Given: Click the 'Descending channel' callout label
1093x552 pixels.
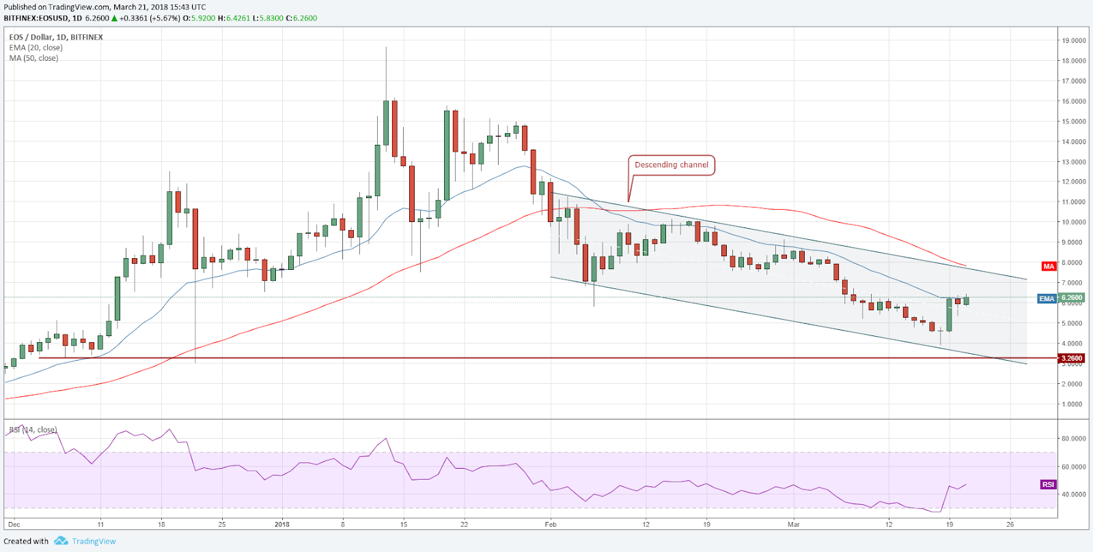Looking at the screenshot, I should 671,165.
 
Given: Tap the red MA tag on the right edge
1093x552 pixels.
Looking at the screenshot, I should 1049,266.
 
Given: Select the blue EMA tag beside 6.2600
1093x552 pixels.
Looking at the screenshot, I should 1047,299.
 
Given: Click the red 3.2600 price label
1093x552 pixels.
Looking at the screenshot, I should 1071,358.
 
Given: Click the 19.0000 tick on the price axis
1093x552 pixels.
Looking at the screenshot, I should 1073,41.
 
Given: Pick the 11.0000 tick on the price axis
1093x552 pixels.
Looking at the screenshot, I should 1073,202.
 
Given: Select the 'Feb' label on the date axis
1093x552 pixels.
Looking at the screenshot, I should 551,525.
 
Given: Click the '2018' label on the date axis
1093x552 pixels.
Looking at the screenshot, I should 281,525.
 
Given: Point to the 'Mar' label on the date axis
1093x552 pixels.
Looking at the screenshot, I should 793,525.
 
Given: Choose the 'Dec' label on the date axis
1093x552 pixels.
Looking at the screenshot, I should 14,525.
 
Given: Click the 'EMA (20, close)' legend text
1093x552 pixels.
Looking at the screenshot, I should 36,48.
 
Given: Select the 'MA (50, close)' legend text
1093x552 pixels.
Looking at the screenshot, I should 33,58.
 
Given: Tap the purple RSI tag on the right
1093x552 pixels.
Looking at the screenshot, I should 1048,484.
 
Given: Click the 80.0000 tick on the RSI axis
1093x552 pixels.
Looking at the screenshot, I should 1073,439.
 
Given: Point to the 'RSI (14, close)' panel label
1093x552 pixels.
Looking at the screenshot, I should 33,430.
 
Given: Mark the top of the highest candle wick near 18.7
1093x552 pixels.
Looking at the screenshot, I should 386,47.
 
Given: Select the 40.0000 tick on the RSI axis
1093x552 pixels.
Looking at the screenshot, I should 1073,495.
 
